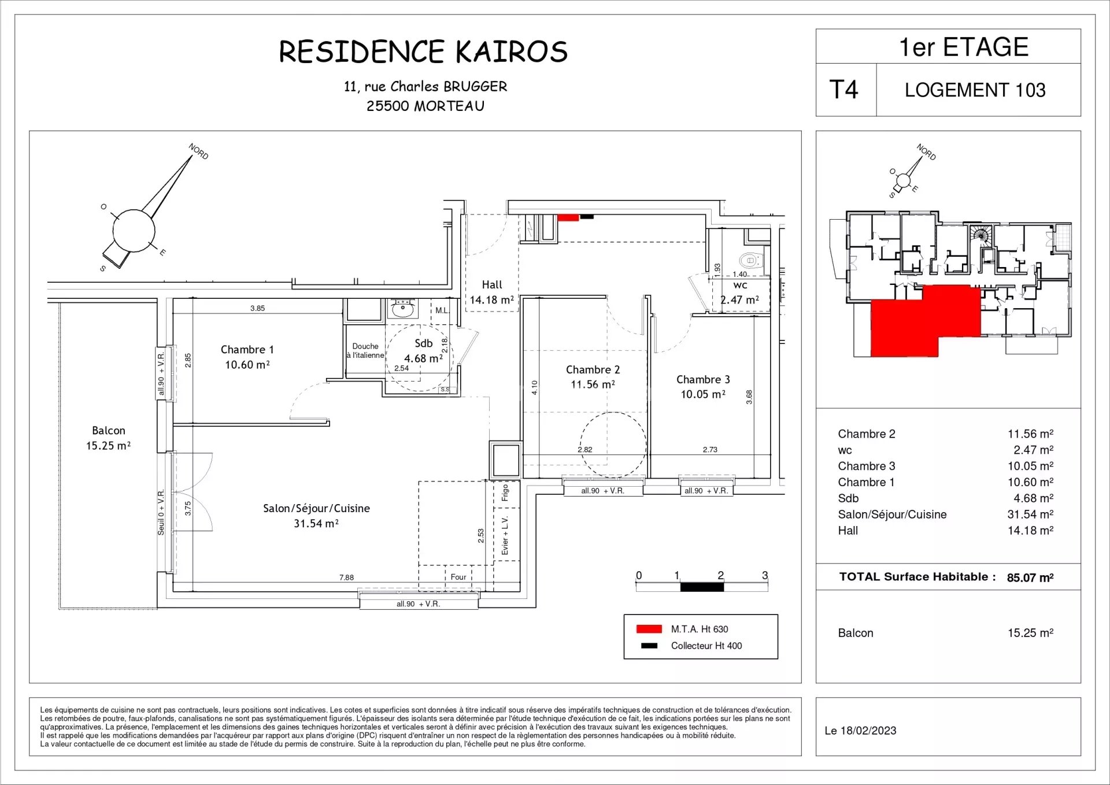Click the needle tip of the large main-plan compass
(x=191, y=155)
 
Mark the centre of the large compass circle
(x=134, y=231)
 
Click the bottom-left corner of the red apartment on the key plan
(x=871, y=356)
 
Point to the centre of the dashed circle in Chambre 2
(x=613, y=445)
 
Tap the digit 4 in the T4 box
(x=851, y=90)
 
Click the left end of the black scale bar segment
(x=680, y=587)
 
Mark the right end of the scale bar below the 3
(x=768, y=587)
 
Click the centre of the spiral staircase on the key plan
(x=980, y=235)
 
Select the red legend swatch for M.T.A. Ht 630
(x=649, y=629)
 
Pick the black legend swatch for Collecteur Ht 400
(x=649, y=646)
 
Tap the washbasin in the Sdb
(x=402, y=309)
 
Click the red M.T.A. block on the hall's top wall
(x=568, y=217)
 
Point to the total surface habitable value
(x=1030, y=577)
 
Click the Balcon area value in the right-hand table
(x=1030, y=633)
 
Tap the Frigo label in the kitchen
(x=505, y=493)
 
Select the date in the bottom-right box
(x=860, y=731)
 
